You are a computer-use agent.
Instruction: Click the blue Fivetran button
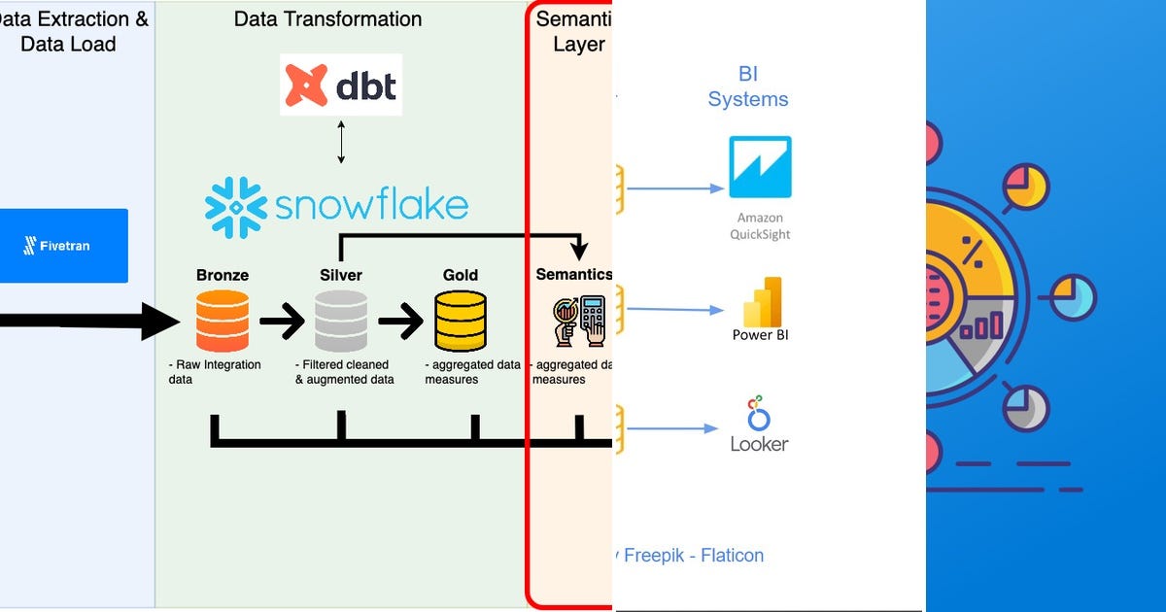(x=63, y=246)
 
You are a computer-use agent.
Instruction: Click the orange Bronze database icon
(x=222, y=322)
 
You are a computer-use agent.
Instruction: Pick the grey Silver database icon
(x=341, y=322)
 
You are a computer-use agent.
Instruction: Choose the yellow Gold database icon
(x=461, y=322)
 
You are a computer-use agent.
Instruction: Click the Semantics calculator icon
(x=579, y=321)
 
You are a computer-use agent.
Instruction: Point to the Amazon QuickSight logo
(x=760, y=168)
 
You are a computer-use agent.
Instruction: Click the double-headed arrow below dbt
(x=340, y=144)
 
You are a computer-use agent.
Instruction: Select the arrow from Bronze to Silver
(x=282, y=322)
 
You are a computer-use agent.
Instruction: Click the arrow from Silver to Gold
(x=400, y=322)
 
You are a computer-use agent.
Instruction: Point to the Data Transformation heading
(x=327, y=19)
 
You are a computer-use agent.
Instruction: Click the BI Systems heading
(x=748, y=86)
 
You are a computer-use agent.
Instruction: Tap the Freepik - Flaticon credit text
(x=692, y=556)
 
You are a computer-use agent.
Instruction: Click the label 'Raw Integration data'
(x=214, y=372)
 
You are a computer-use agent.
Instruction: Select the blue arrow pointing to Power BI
(x=676, y=310)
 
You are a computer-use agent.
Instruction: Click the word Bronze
(x=222, y=275)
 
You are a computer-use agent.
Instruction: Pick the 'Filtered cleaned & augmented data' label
(x=344, y=372)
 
